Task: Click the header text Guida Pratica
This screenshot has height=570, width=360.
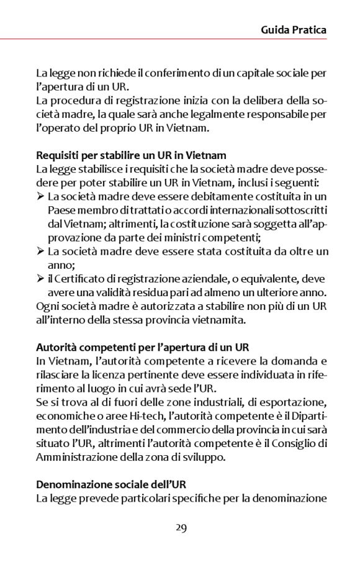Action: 294,29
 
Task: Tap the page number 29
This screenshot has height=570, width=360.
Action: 181,528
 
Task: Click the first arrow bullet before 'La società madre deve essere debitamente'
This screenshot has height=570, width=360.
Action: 40,196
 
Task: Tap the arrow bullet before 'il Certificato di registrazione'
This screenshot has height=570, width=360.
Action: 40,279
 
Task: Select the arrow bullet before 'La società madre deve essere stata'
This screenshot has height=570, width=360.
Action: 40,251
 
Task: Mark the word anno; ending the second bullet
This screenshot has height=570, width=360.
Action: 60,265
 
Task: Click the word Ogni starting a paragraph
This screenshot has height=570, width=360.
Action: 46,306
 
